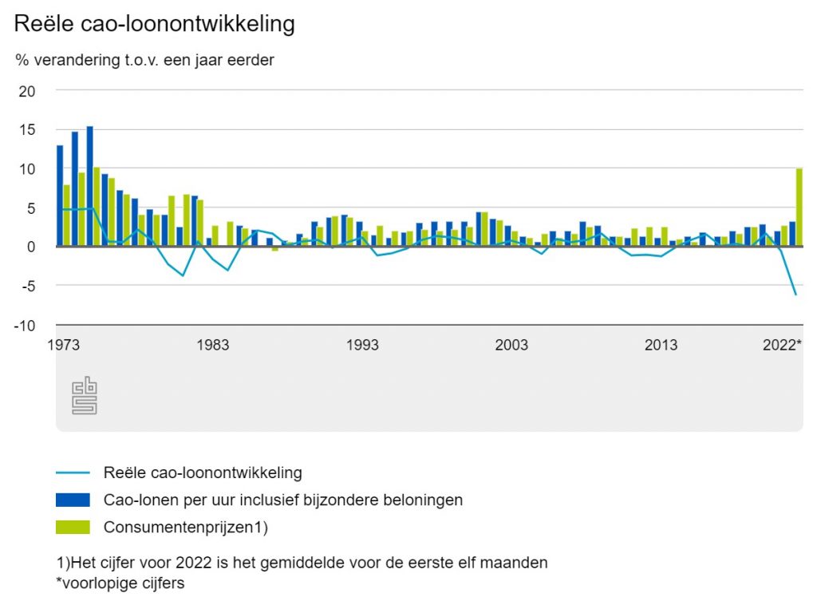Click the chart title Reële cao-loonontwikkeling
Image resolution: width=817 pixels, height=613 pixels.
click(x=155, y=24)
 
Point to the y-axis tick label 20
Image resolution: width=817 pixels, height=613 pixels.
click(x=27, y=91)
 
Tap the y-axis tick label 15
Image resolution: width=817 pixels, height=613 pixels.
click(x=27, y=130)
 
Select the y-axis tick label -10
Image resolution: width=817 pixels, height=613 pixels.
click(x=25, y=325)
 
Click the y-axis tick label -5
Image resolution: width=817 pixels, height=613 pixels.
click(x=27, y=286)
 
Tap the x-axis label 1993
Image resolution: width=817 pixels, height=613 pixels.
click(x=362, y=345)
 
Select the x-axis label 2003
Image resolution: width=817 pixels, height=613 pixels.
click(x=511, y=345)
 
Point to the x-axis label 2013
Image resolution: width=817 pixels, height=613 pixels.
click(x=661, y=345)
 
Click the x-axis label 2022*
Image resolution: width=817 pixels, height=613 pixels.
click(x=782, y=345)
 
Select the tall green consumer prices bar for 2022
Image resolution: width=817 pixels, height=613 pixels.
click(x=799, y=208)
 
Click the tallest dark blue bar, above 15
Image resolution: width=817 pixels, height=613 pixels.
click(x=89, y=186)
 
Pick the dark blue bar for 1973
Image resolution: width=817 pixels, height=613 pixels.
click(x=60, y=196)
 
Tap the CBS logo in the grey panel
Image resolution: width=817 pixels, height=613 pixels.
click(x=84, y=396)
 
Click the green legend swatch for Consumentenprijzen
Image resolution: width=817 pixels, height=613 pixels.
click(x=73, y=527)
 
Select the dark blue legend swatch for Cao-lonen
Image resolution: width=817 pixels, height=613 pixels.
click(x=73, y=500)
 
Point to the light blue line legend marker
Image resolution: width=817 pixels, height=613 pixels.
click(x=73, y=473)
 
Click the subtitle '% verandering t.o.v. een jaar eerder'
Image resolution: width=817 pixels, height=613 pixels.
click(x=144, y=61)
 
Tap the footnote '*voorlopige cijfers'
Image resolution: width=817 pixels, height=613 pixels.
click(x=120, y=583)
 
